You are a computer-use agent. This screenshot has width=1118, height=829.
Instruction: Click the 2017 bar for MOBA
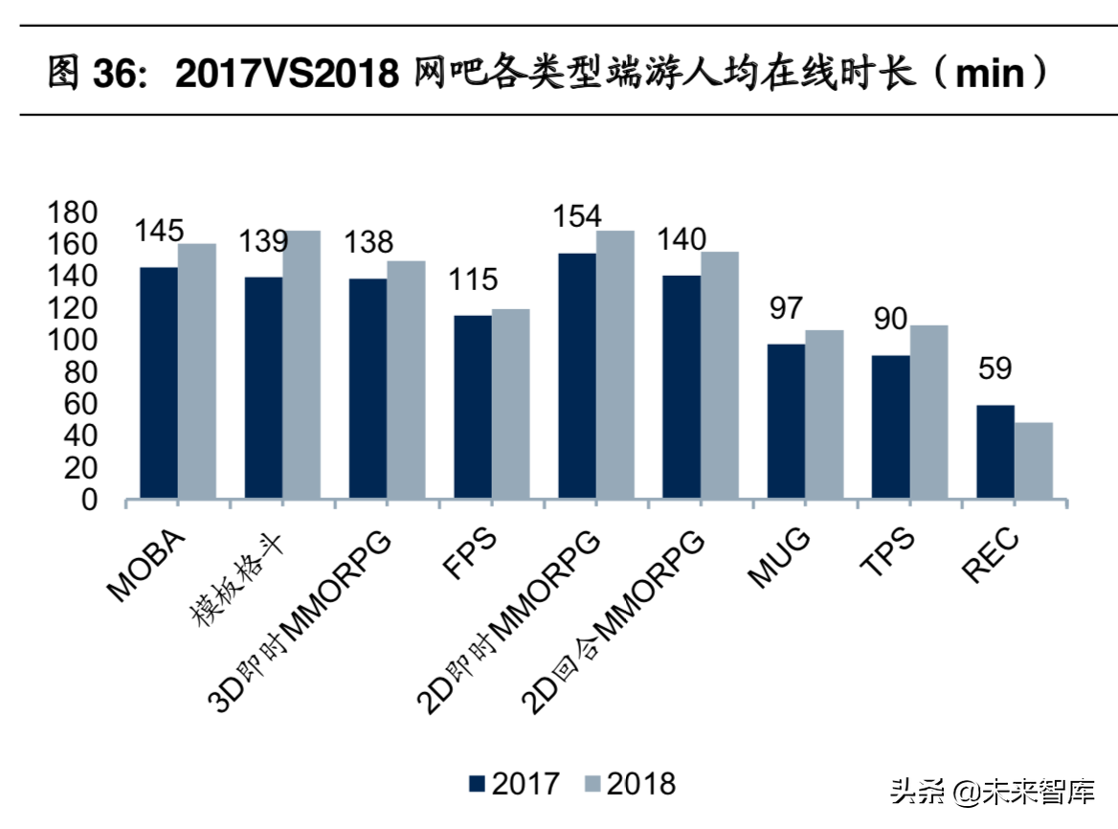(x=159, y=383)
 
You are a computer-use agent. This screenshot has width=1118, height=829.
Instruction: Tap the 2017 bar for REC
(x=995, y=452)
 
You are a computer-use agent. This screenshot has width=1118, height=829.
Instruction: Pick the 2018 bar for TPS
(x=928, y=412)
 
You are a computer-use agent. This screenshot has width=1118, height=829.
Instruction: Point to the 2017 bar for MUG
(x=786, y=421)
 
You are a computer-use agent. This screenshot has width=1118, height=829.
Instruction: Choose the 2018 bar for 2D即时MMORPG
(x=615, y=365)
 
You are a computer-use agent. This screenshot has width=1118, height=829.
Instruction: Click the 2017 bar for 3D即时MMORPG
(x=368, y=389)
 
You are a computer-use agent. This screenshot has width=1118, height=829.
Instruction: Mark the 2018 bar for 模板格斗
(x=301, y=365)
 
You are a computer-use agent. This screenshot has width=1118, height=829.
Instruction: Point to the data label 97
(x=785, y=308)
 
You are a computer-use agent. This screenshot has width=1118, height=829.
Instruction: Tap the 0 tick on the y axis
(x=88, y=500)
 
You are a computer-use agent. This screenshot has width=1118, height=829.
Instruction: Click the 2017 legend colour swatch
(x=478, y=784)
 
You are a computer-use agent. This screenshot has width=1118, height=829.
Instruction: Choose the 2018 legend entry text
(x=641, y=784)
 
